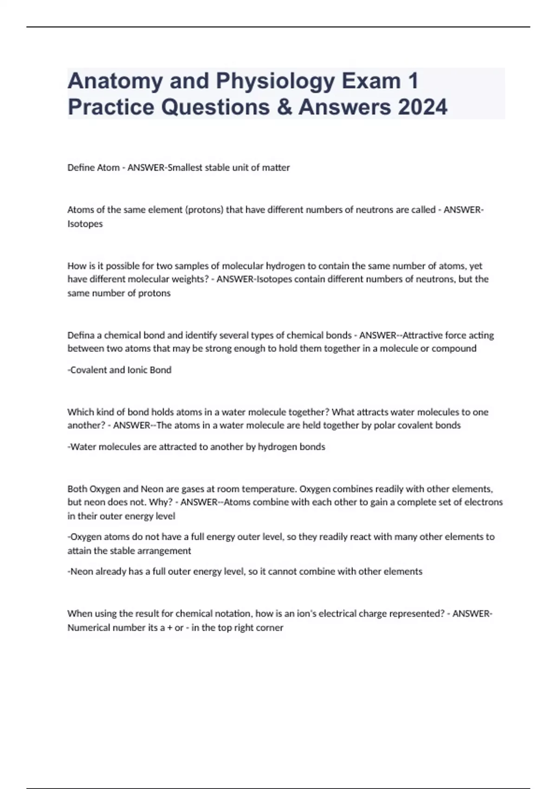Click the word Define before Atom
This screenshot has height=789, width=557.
81,168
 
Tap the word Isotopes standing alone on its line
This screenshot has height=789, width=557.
85,224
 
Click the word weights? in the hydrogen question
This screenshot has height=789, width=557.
192,279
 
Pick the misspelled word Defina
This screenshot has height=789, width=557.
81,335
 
